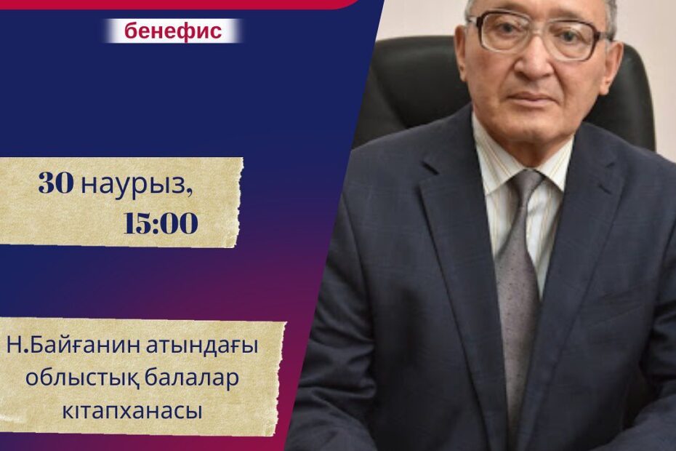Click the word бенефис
(x=173, y=31)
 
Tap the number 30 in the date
(x=56, y=184)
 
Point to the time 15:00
(x=161, y=223)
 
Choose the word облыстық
(x=81, y=380)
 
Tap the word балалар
(x=191, y=379)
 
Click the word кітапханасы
(x=132, y=411)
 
